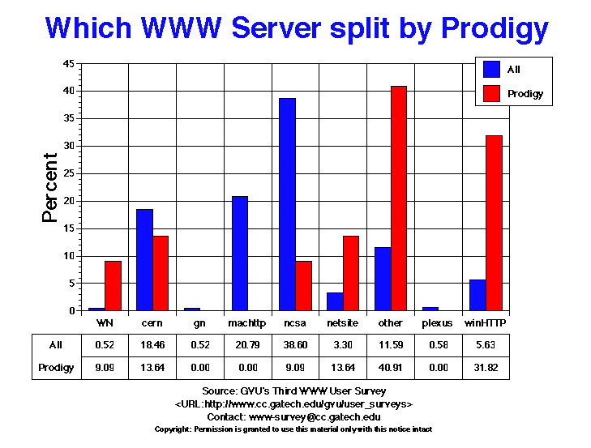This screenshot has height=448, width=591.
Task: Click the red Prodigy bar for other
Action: click(x=399, y=198)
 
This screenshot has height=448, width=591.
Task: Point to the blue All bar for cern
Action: click(x=144, y=260)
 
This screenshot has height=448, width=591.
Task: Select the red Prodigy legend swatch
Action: click(x=491, y=94)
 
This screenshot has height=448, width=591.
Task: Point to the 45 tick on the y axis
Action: click(x=70, y=64)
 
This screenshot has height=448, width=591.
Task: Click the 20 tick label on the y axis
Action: click(x=70, y=201)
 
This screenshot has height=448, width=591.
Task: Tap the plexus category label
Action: click(x=438, y=323)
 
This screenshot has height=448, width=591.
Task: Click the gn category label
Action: click(x=199, y=323)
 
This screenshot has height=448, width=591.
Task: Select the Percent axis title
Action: click(x=51, y=187)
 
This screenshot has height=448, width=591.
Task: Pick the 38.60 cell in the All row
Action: click(x=295, y=345)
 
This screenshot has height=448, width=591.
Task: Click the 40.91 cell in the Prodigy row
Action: click(x=390, y=368)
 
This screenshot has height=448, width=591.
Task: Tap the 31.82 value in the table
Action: click(x=486, y=368)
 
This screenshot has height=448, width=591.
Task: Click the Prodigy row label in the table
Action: click(x=55, y=368)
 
